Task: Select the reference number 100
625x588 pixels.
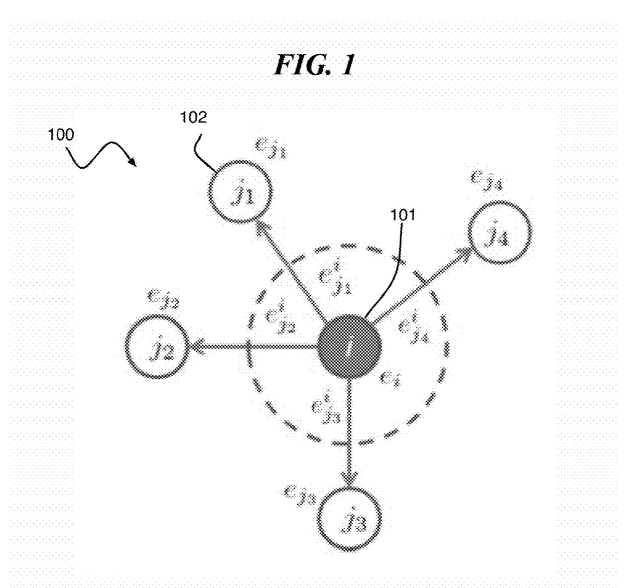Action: [61, 135]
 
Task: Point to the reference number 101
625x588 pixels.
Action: [403, 215]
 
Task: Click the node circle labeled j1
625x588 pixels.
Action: [240, 192]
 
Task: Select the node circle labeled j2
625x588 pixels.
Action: [157, 346]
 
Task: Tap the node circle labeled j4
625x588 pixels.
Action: [499, 233]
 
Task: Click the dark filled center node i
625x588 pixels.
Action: [349, 346]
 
